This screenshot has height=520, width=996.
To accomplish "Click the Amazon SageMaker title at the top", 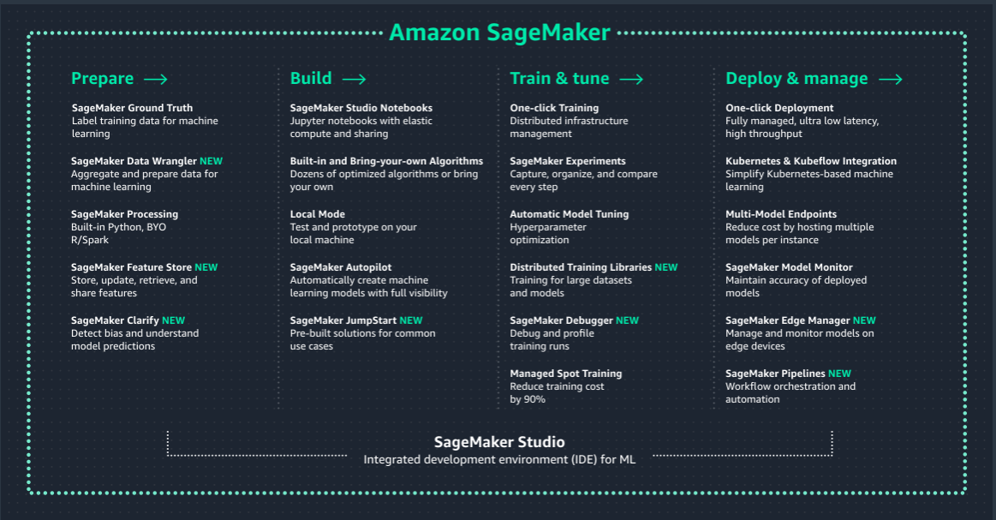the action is (x=499, y=33).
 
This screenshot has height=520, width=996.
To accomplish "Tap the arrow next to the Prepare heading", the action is (x=155, y=79).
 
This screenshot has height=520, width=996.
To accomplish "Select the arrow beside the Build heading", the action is (x=354, y=79).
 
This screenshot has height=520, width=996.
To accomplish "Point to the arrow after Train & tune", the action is (x=631, y=79).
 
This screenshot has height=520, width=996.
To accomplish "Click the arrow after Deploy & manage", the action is (x=890, y=79).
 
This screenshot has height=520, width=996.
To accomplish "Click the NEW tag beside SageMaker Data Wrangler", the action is (x=211, y=161).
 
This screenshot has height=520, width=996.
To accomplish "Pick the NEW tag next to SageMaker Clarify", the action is (x=173, y=320).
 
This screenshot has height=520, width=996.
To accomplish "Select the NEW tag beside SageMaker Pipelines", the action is (x=839, y=374).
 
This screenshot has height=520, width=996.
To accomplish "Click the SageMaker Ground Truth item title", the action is (x=132, y=108).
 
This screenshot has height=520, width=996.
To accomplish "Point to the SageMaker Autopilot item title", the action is (x=341, y=267).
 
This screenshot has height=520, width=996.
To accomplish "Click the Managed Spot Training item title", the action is (x=565, y=374).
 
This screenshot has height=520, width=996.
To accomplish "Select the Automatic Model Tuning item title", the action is (x=569, y=214).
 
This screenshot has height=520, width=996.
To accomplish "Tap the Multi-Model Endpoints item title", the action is (x=781, y=214).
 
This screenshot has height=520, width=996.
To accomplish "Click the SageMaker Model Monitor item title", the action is (x=789, y=267).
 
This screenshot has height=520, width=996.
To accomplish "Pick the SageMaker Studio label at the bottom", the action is (x=499, y=442).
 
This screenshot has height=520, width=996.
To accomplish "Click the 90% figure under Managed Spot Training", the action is (x=534, y=399).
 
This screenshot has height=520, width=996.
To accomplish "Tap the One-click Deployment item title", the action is (x=779, y=108).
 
